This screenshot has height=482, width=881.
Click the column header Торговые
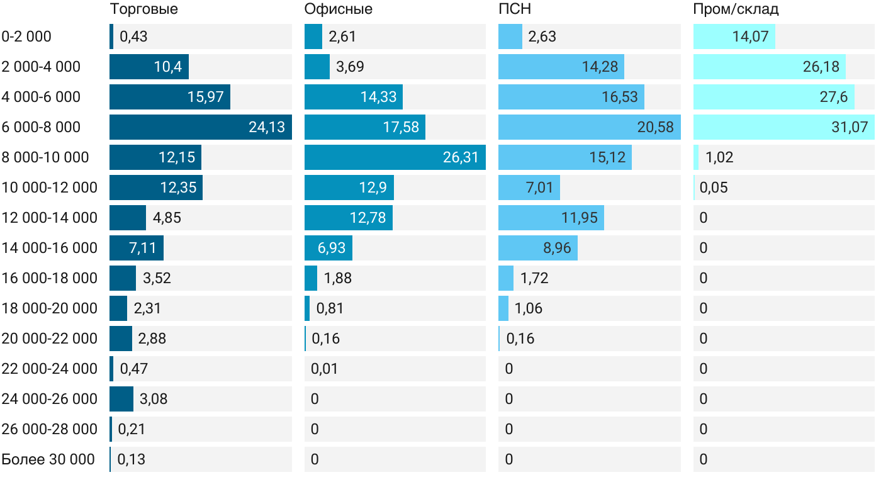(143, 9)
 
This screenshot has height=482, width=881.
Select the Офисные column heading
(338, 9)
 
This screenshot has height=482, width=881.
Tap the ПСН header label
(510, 9)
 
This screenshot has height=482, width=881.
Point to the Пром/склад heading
(736, 9)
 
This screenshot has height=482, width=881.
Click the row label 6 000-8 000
(41, 127)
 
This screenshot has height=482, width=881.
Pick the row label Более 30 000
(48, 459)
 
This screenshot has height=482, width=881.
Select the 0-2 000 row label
(26, 36)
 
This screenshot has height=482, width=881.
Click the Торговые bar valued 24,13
(200, 127)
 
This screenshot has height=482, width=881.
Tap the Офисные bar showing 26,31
(395, 157)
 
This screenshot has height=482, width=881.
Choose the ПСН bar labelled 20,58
(589, 127)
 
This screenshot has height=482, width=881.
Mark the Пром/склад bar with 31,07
(783, 127)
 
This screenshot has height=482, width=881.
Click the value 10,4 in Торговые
(168, 67)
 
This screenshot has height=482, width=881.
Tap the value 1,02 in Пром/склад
(719, 157)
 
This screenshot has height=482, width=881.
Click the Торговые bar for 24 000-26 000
(121, 399)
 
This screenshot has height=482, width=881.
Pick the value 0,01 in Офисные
(324, 369)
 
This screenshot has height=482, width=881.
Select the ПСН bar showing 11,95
(551, 218)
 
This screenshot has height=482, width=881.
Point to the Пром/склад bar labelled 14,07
(734, 36)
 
